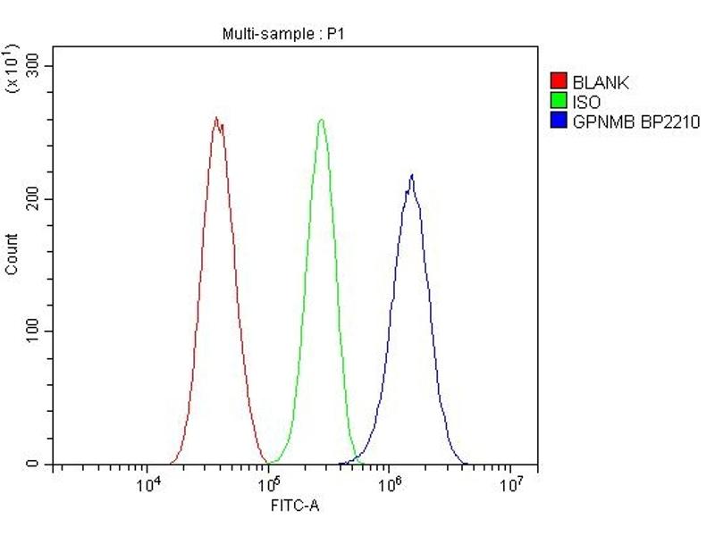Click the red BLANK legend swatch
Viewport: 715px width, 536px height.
click(x=559, y=83)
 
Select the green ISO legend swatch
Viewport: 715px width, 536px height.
click(x=559, y=102)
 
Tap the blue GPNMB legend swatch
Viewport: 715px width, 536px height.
click(x=559, y=121)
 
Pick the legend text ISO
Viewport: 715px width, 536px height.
click(x=587, y=102)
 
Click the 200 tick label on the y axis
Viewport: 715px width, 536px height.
click(x=36, y=198)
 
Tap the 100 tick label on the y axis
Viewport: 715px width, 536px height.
click(x=36, y=331)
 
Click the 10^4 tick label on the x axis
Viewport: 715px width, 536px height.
click(x=147, y=485)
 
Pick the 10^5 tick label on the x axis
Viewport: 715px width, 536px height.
click(x=268, y=485)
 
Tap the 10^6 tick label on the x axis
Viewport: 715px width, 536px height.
click(x=389, y=485)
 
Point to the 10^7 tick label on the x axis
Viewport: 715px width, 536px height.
click(x=509, y=485)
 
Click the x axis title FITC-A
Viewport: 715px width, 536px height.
click(x=295, y=507)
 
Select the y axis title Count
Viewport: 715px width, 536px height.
click(x=12, y=254)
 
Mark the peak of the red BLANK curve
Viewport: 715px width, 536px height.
click(x=215, y=118)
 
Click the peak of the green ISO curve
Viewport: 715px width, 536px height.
click(x=321, y=120)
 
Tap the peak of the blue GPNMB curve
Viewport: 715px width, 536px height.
click(x=412, y=175)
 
